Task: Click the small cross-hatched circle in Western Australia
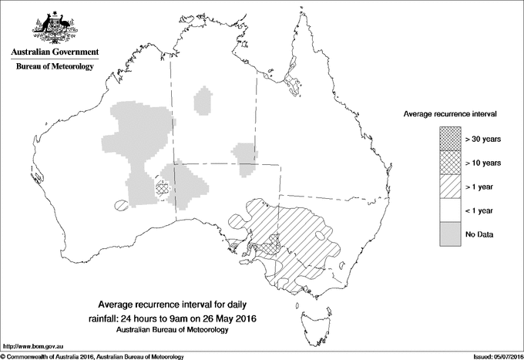pos(161,187)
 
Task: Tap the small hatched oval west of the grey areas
pos(120,205)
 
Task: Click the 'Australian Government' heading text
pos(54,52)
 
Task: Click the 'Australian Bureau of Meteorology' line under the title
pos(183,329)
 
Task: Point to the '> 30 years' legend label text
pos(482,139)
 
